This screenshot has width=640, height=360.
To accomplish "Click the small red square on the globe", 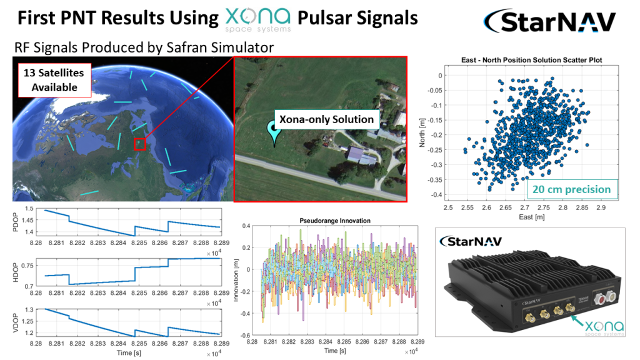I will tap(140, 144).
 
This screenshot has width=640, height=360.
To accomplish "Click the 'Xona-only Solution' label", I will tap(326, 119).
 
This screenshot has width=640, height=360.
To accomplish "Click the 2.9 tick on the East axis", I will tap(601, 206).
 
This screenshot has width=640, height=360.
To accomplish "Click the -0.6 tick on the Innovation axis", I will tap(243, 335).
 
